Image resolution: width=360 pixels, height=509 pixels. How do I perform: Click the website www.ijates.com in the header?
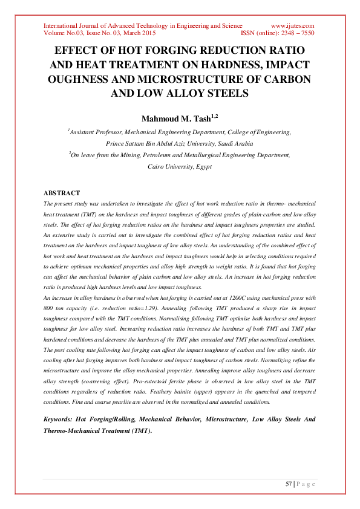[x=292, y=26]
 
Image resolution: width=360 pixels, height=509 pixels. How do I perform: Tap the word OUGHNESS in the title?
[x=79, y=79]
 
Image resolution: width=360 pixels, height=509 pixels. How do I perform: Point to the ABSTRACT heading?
[x=62, y=193]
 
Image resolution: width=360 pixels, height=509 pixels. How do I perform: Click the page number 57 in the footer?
[x=289, y=484]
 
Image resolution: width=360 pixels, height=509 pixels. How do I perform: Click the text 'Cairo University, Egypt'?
[x=180, y=166]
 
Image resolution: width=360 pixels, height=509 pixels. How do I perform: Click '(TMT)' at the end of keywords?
[x=140, y=430]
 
